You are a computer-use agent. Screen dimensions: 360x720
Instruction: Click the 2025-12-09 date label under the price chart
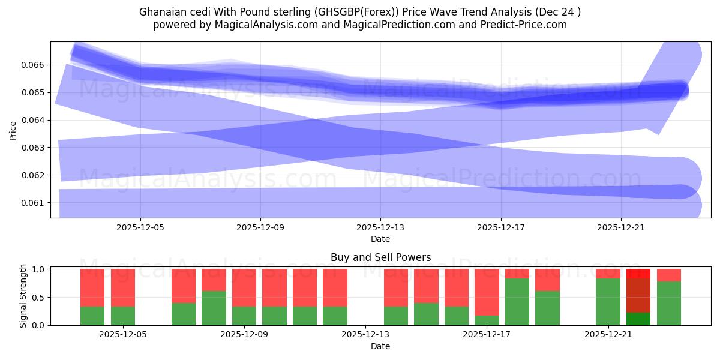click(x=260, y=228)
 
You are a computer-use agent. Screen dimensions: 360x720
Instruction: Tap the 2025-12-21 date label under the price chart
click(x=621, y=228)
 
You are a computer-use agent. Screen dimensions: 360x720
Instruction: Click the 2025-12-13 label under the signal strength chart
click(x=365, y=335)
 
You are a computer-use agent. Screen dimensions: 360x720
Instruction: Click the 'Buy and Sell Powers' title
click(x=380, y=257)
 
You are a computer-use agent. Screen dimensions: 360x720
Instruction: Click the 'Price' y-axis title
click(x=13, y=130)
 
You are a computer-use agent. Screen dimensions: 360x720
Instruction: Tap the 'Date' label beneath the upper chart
click(x=380, y=239)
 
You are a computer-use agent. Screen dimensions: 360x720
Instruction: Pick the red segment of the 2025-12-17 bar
click(x=487, y=292)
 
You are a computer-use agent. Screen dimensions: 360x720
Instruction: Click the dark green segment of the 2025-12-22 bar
click(x=638, y=319)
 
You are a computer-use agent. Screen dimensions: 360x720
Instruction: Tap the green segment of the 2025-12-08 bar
click(x=214, y=308)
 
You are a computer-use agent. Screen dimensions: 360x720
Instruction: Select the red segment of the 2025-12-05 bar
click(x=123, y=287)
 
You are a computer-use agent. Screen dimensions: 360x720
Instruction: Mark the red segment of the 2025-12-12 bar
click(x=335, y=287)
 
